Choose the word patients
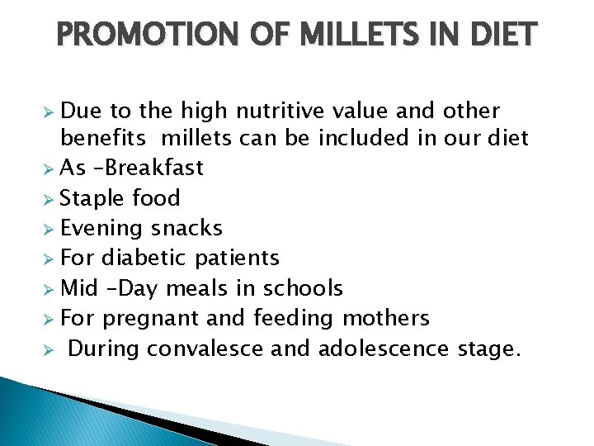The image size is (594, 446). coord(238,258)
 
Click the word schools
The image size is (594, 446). coord(303,288)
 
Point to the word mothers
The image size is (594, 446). coord(387,318)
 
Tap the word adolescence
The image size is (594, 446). coord(384,349)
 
